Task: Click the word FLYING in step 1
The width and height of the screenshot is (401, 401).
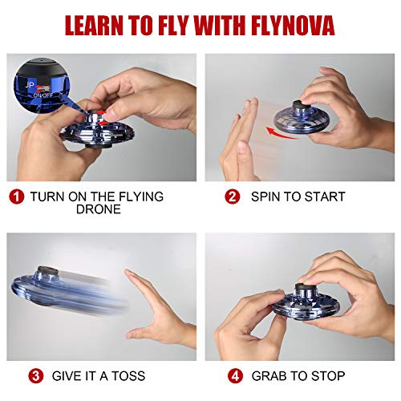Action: (x=138, y=196)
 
